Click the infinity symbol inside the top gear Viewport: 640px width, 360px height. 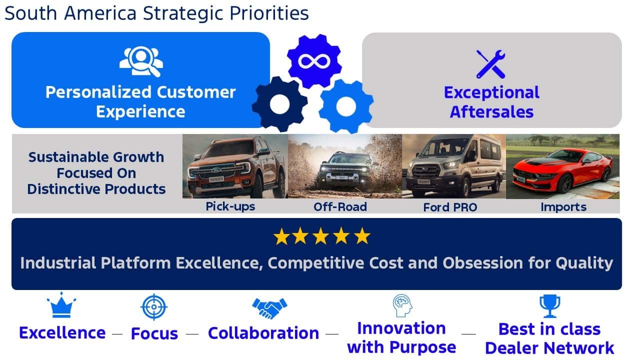[x=314, y=61]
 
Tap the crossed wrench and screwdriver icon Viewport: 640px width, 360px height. [x=490, y=64]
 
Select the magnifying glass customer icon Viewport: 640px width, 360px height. [x=141, y=61]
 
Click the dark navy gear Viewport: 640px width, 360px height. [x=279, y=104]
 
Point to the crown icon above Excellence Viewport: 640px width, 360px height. [x=61, y=305]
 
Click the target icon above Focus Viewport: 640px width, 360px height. [x=154, y=307]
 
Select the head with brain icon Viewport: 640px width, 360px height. [x=402, y=305]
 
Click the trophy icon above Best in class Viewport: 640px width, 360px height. [x=549, y=306]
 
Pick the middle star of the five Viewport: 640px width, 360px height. [x=321, y=236]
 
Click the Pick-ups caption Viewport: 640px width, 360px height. [x=230, y=206]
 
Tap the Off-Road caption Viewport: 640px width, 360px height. [x=340, y=207]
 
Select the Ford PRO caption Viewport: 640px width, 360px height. [x=450, y=207]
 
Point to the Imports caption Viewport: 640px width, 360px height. [x=563, y=207]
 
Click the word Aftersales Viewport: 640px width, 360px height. [x=491, y=111]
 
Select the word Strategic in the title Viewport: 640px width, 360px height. [x=183, y=13]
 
